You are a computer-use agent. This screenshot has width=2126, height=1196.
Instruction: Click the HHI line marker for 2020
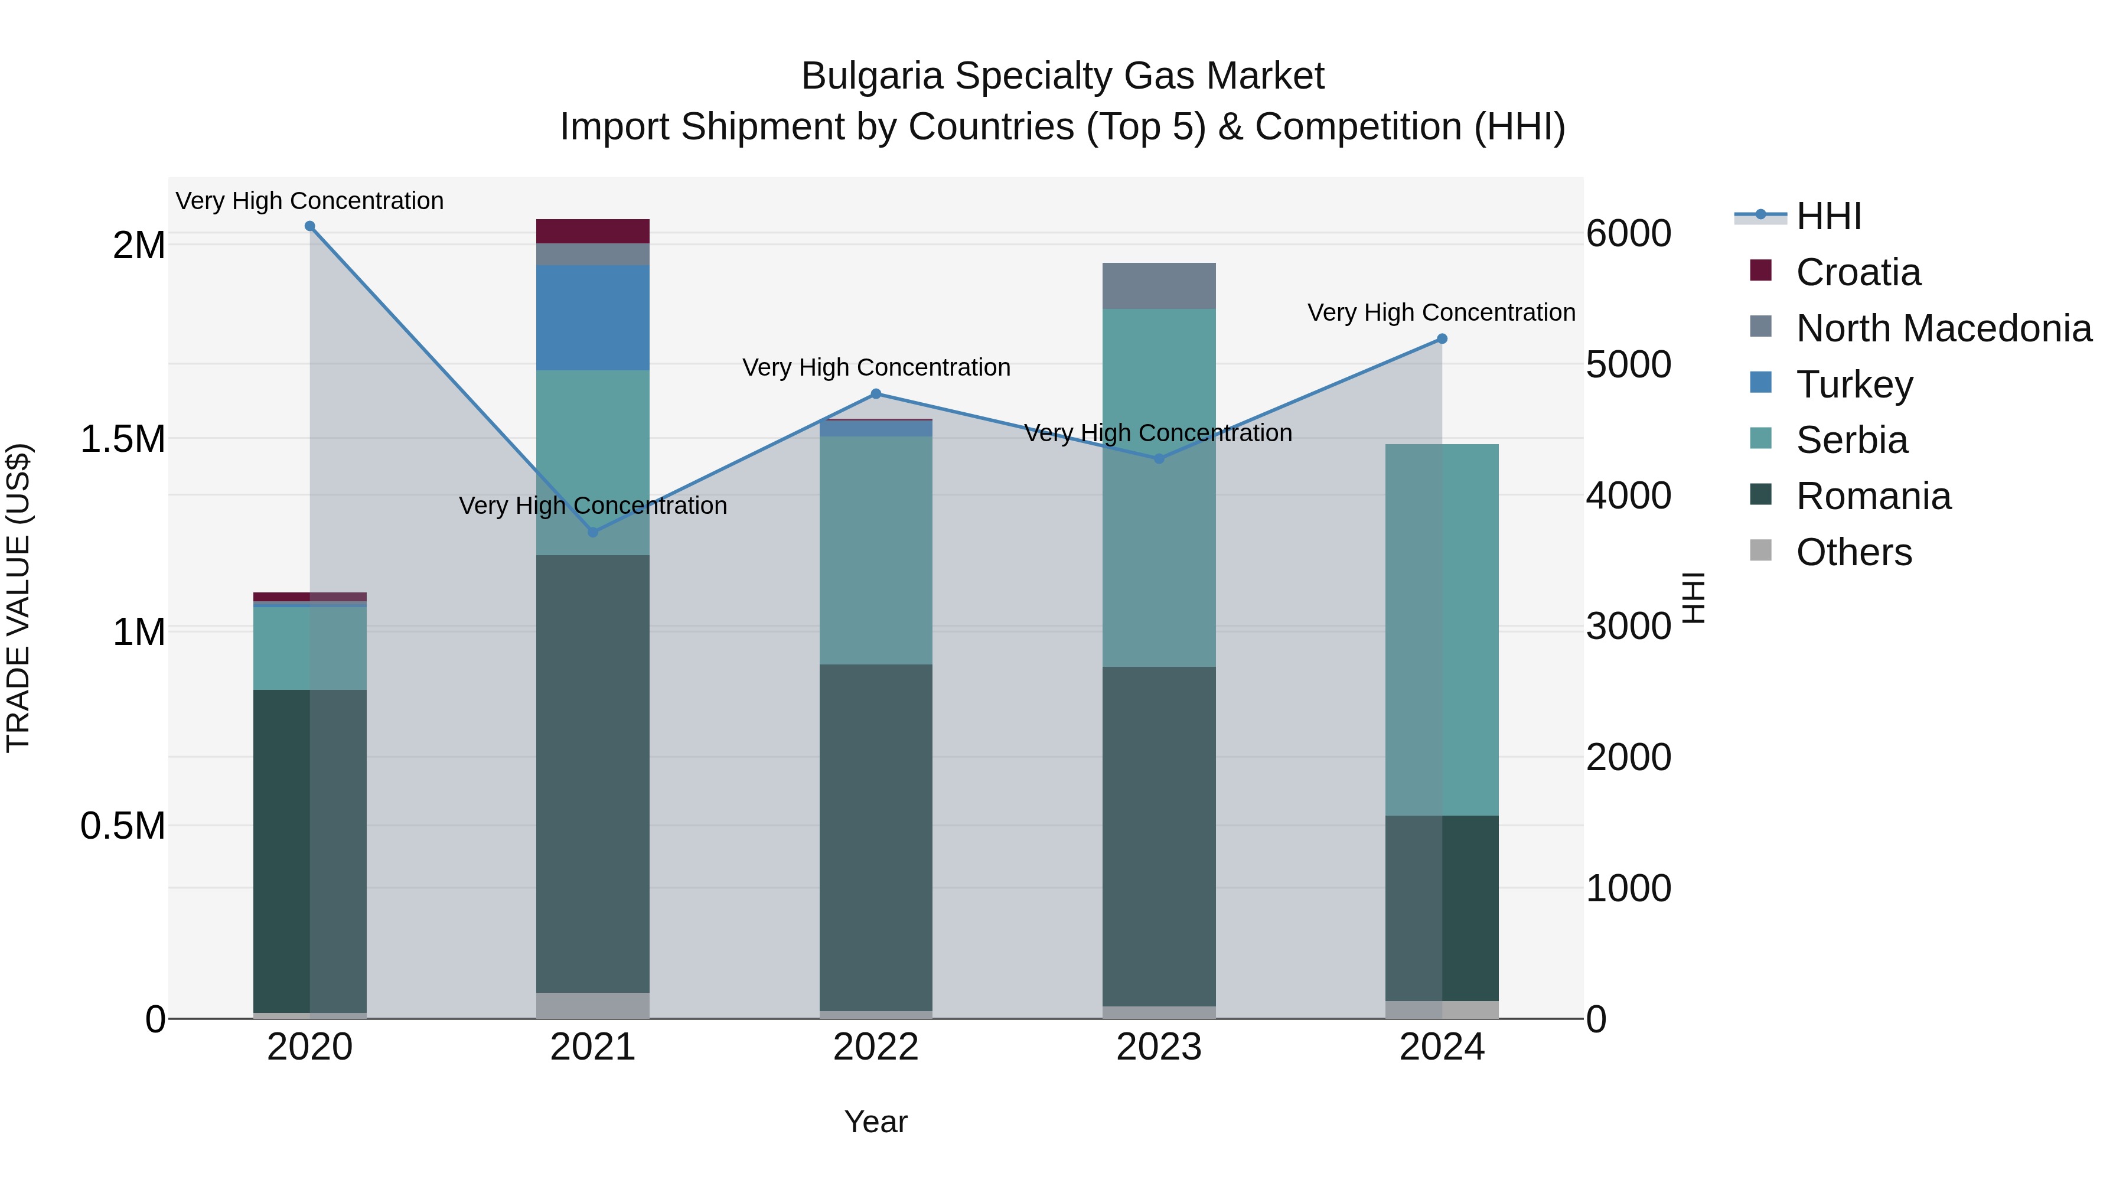coord(309,226)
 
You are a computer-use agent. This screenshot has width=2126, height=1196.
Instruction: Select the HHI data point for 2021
coord(592,532)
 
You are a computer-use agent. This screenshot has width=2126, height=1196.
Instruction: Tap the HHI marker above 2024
coord(1442,338)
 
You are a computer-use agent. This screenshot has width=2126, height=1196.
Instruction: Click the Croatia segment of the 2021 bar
coord(592,231)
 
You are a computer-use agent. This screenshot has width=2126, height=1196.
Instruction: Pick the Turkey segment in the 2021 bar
coord(592,318)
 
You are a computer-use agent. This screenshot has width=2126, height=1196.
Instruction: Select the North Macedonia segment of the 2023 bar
coord(1159,286)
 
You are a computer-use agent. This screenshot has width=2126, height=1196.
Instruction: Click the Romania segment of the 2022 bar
coord(876,837)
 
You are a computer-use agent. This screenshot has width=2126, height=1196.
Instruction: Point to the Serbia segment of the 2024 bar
coord(1442,630)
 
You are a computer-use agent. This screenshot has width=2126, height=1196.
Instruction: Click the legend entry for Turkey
coord(1854,384)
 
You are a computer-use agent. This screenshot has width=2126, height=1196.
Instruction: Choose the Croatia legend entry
coord(1858,272)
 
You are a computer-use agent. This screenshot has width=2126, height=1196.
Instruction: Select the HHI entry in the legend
coord(1828,216)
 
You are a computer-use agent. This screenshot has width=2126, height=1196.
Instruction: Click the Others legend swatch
coord(1760,550)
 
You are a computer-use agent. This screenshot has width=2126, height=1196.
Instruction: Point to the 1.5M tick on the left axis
coord(123,439)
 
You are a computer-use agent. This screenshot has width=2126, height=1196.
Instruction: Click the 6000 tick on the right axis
coord(1628,233)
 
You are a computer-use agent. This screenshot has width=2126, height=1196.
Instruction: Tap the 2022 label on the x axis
coord(876,1047)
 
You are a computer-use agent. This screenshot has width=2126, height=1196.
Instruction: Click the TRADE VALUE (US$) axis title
coord(18,598)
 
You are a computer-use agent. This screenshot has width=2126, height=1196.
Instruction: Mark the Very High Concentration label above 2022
coord(876,367)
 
